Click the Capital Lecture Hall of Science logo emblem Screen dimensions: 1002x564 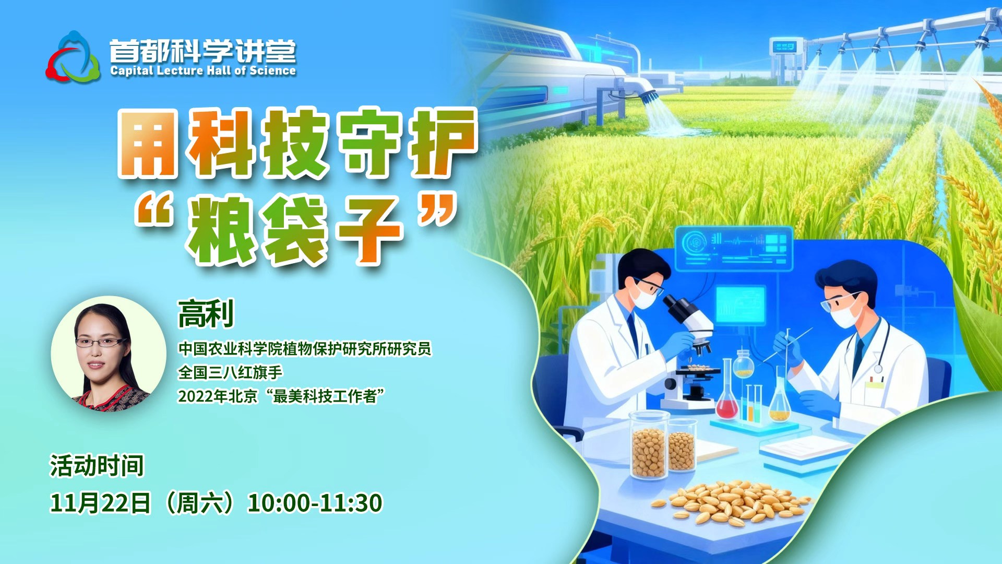tap(73, 57)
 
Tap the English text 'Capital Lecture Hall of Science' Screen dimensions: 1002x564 tap(203, 71)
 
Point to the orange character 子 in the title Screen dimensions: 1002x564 tap(369, 230)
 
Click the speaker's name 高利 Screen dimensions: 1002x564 tap(206, 314)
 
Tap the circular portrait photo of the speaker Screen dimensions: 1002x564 tap(109, 354)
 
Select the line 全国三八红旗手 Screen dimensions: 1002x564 tap(230, 372)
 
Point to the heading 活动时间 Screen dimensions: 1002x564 tap(97, 466)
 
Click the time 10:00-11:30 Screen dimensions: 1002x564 tap(315, 503)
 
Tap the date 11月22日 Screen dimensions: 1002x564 tap(100, 503)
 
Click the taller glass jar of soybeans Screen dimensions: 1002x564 tap(649, 445)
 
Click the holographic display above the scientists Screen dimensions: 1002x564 tap(734, 248)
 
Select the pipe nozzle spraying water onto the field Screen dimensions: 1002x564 tap(649, 96)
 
